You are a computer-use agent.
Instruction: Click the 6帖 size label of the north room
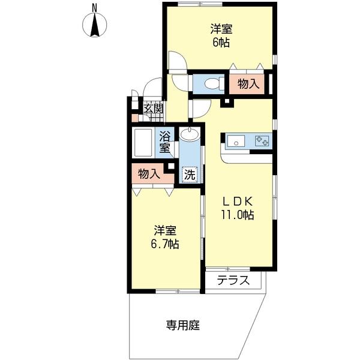click(x=221, y=43)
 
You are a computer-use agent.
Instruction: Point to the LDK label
click(x=239, y=201)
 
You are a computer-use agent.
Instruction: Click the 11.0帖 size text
click(x=239, y=214)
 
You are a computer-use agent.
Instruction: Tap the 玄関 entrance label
click(x=154, y=109)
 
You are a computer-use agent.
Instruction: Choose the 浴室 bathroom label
click(x=164, y=142)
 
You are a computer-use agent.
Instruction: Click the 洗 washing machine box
click(x=189, y=175)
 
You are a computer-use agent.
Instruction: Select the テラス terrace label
click(x=233, y=280)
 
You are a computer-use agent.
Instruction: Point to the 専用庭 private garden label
click(x=182, y=326)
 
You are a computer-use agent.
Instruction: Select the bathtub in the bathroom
click(x=143, y=142)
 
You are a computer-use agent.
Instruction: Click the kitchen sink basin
click(x=236, y=142)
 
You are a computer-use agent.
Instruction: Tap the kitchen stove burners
click(x=262, y=142)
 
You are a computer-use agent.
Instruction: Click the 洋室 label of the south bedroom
click(x=165, y=230)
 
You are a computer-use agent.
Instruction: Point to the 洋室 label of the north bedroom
click(x=221, y=29)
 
